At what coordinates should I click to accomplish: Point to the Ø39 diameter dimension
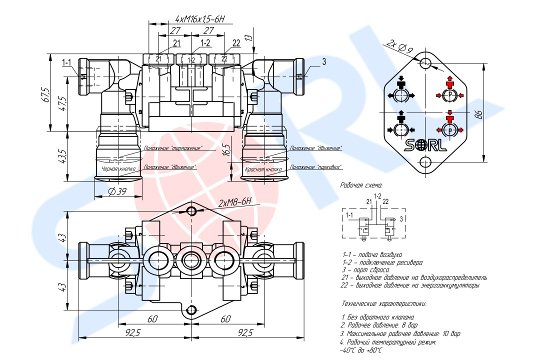click(117, 191)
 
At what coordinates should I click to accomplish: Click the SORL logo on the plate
click(424, 145)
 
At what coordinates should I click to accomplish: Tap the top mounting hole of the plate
click(425, 63)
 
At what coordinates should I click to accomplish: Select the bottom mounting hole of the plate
click(425, 162)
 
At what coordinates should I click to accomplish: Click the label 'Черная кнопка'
click(118, 169)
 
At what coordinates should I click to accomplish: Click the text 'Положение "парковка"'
click(315, 167)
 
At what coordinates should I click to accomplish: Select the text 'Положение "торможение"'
click(172, 148)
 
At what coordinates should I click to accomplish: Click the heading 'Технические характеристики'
click(384, 303)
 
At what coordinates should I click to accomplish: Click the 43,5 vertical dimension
click(62, 156)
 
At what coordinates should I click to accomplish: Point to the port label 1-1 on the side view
click(67, 62)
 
